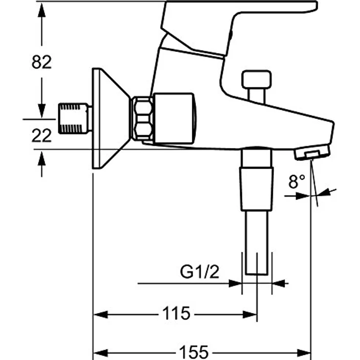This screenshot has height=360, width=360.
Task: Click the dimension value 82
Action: pyautogui.click(x=42, y=62)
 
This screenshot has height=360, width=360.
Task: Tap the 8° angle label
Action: pyautogui.click(x=296, y=182)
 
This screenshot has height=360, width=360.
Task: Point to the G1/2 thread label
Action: pyautogui.click(x=200, y=272)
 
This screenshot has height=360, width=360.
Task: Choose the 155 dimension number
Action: pyautogui.click(x=194, y=352)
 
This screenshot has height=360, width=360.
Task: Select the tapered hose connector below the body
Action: pyautogui.click(x=257, y=188)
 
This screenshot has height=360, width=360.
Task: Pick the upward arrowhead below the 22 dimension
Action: pyautogui.click(x=42, y=157)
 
